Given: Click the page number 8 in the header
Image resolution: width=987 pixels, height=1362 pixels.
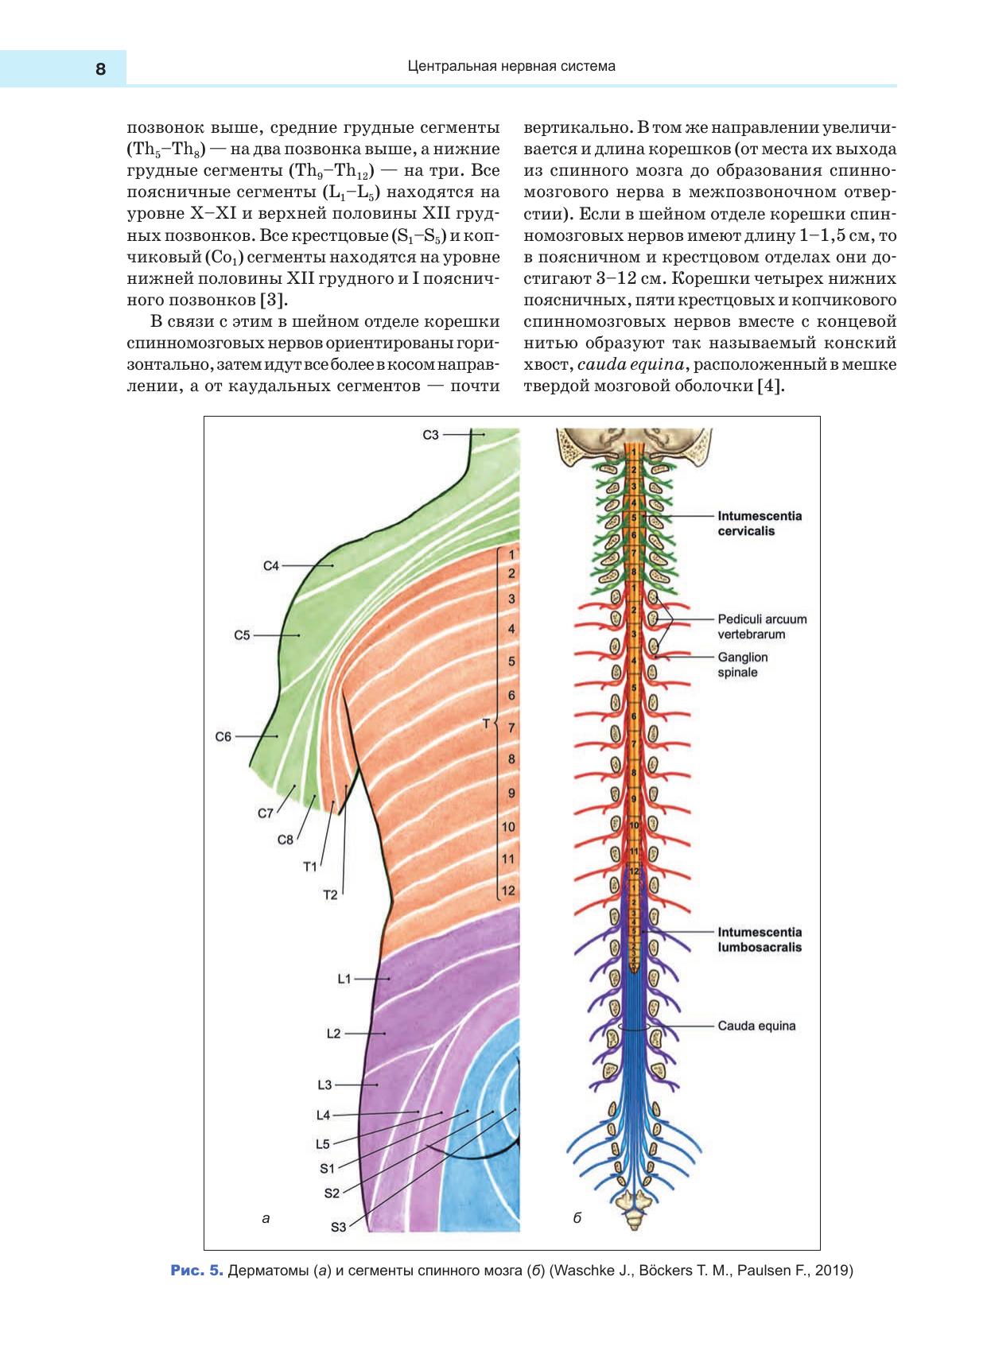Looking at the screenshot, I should (x=100, y=69).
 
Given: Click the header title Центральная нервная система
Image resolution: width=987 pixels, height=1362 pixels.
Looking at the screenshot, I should (x=511, y=67).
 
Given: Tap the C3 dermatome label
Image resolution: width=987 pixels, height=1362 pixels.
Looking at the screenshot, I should (x=430, y=435).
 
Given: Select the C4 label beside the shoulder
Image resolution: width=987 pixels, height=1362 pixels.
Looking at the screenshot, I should (x=271, y=566).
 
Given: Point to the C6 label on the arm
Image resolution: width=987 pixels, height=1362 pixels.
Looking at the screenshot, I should (x=223, y=737).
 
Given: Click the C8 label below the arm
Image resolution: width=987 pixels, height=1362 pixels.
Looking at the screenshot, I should (x=285, y=840).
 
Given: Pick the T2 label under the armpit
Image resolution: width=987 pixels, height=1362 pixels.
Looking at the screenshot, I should (x=330, y=895).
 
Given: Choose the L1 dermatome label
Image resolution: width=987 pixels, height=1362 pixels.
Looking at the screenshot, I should (x=344, y=980).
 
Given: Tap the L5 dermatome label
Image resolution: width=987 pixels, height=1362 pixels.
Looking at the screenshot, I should (x=322, y=1144).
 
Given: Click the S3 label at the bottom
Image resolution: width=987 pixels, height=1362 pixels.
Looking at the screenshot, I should (x=338, y=1227).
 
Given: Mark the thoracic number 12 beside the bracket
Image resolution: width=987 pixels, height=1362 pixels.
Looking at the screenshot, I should (x=508, y=891).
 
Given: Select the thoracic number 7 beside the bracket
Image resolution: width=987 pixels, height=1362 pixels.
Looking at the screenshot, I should (x=511, y=728).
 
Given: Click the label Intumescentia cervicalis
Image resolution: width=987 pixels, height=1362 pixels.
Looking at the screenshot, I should (x=760, y=523).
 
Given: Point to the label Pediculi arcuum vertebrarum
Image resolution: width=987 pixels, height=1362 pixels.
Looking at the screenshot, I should (x=762, y=627).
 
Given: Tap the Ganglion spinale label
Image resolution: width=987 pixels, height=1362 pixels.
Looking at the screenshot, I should (x=742, y=665).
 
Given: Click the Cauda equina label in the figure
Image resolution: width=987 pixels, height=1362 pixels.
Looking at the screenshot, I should (x=756, y=1026).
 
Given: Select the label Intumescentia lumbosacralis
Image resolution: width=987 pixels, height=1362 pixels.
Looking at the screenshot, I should (x=760, y=940).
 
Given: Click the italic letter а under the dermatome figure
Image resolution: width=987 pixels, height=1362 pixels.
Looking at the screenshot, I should (x=266, y=1218).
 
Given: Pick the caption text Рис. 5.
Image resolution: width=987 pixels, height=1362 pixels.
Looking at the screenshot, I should (x=196, y=1271).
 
